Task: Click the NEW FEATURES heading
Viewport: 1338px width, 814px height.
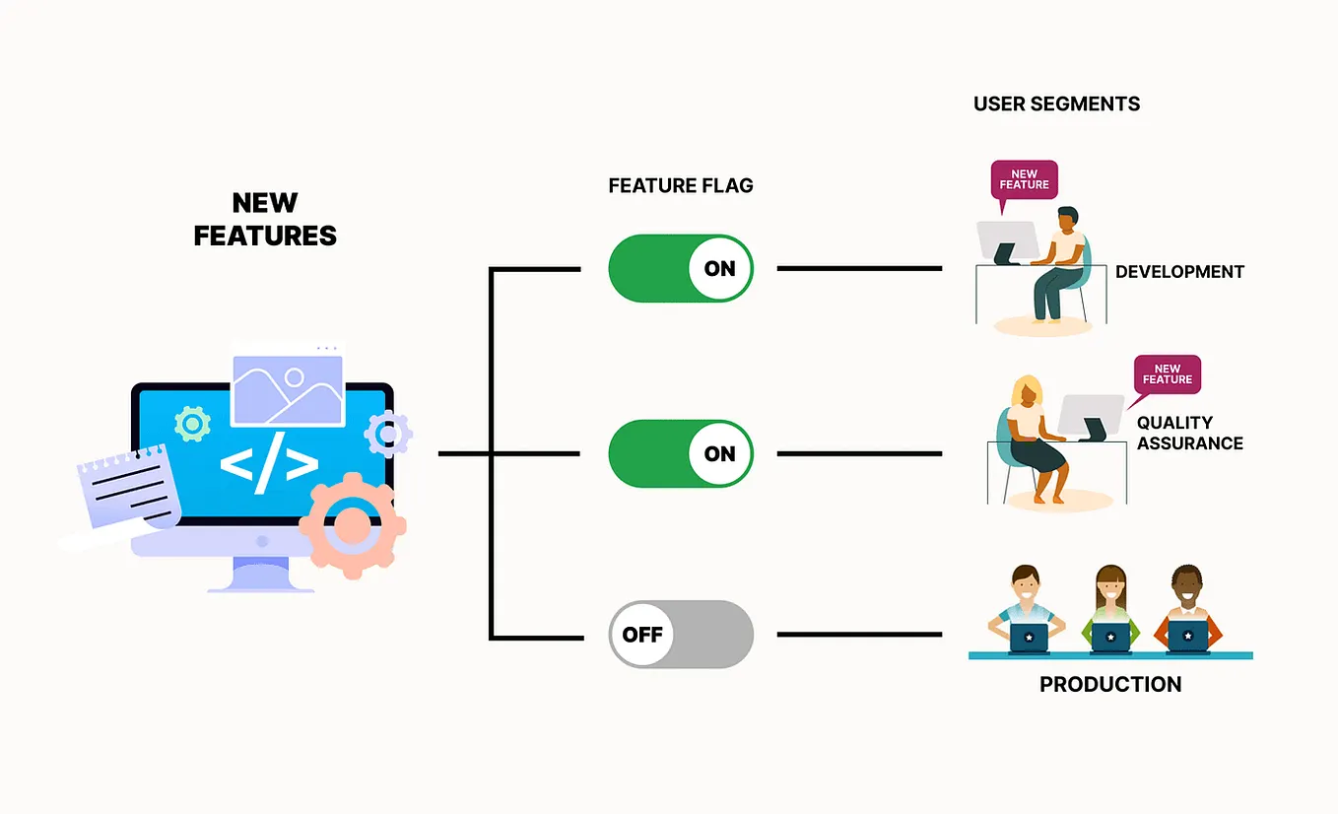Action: click(x=265, y=219)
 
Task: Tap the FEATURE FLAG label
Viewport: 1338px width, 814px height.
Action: click(x=681, y=185)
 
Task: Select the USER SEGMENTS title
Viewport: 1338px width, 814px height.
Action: click(x=1056, y=103)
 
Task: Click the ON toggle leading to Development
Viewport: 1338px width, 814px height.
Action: click(x=681, y=268)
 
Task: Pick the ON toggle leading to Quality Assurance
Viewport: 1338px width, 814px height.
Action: click(x=681, y=453)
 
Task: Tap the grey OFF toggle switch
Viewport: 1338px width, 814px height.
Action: click(x=681, y=635)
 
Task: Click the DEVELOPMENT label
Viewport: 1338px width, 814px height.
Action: click(x=1179, y=272)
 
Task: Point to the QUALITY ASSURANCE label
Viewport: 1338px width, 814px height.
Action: click(x=1189, y=433)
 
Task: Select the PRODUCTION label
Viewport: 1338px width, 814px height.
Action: click(x=1110, y=684)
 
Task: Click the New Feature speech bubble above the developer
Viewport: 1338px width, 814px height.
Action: click(x=1024, y=180)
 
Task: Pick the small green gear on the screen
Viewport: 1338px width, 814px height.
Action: click(x=191, y=424)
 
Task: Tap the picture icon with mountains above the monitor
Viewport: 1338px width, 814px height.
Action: click(x=287, y=389)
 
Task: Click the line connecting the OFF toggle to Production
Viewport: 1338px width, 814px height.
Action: click(x=859, y=635)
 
